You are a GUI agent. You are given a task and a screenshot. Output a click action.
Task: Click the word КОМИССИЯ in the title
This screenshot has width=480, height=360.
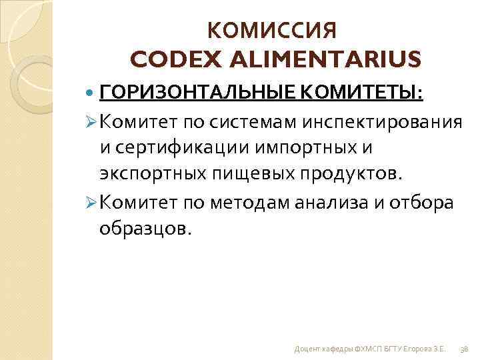pos(273,31)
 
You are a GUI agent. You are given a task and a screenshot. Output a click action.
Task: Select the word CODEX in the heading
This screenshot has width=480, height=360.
pos(170,59)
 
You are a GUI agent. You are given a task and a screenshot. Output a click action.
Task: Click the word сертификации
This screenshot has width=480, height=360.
pos(176,147)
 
